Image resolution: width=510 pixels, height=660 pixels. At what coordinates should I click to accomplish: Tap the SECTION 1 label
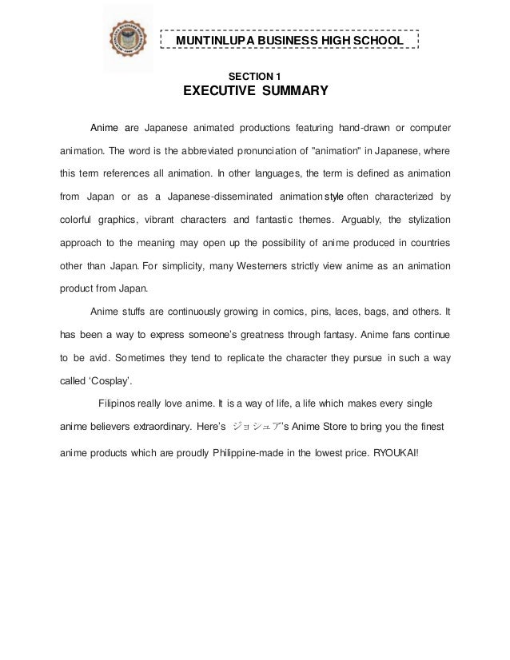[256, 75]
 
